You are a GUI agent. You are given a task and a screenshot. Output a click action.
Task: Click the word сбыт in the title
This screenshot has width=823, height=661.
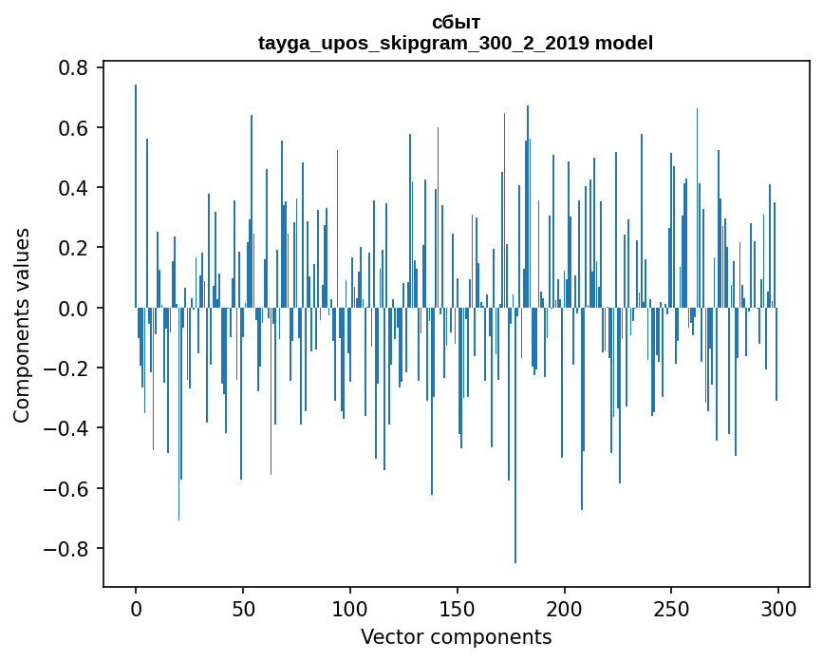tap(456, 23)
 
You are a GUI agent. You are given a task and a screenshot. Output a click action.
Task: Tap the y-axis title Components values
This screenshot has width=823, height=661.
tap(22, 325)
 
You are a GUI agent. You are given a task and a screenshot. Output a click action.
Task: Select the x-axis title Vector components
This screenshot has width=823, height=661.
tap(456, 636)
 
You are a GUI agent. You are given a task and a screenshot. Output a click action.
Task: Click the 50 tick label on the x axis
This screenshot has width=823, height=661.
tap(243, 607)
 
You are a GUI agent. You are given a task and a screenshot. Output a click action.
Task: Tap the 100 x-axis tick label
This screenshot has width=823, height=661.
tap(350, 607)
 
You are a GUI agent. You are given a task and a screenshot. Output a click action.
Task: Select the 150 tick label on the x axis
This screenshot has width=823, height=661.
tap(458, 607)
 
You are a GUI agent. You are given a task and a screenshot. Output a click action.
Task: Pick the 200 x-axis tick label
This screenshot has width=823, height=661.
tap(565, 607)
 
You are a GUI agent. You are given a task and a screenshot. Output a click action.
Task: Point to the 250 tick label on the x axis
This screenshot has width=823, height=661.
tap(671, 607)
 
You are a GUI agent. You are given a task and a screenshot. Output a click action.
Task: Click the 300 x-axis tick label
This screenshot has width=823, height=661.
tap(778, 607)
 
